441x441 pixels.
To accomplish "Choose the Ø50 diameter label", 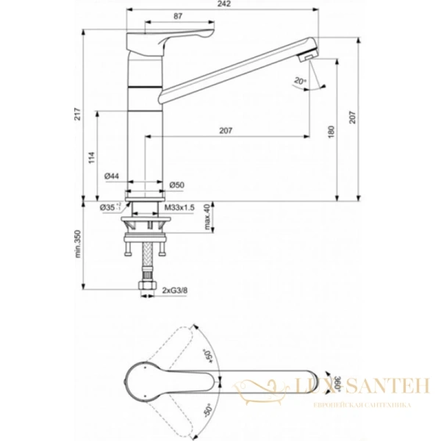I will click(x=176, y=184).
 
